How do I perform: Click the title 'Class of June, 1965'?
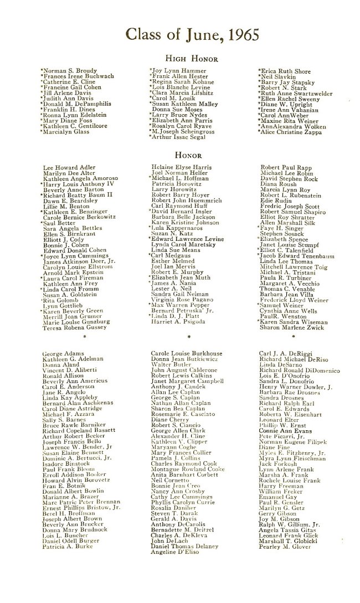click(x=192, y=34)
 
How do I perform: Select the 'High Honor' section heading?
click(x=192, y=59)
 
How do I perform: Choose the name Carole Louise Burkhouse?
click(x=187, y=353)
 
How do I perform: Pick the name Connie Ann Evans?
click(x=282, y=446)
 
